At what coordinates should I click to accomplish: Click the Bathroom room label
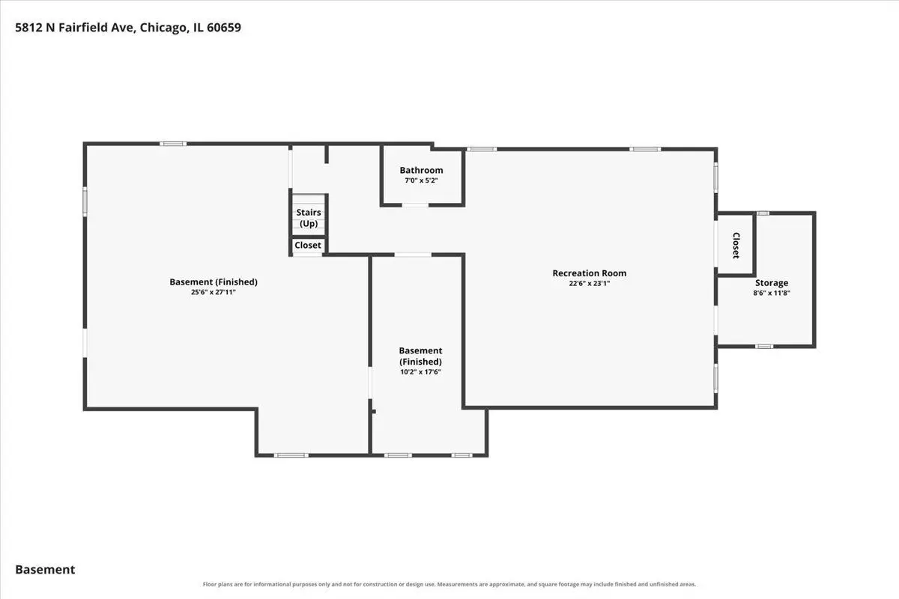421,170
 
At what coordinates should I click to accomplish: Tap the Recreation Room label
589,273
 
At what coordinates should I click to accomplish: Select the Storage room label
772,283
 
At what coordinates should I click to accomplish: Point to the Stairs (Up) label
308,218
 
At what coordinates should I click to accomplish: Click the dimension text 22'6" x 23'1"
589,283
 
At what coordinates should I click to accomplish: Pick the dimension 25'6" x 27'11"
213,292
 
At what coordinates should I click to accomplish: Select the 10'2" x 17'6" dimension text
420,372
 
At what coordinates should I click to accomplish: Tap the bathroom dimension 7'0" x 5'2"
421,180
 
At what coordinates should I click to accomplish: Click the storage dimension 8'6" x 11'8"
772,293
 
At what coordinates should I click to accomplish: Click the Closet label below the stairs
308,245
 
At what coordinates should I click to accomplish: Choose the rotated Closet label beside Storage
736,246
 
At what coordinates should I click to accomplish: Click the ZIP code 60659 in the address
224,27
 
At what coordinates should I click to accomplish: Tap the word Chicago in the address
163,28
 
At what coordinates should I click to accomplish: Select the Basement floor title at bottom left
45,569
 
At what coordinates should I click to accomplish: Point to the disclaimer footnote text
449,585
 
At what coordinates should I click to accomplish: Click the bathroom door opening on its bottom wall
415,205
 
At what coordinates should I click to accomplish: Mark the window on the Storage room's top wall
763,213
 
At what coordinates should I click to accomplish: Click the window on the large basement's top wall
173,144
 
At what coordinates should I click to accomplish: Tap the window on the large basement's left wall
85,201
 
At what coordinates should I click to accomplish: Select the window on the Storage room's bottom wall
764,346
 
